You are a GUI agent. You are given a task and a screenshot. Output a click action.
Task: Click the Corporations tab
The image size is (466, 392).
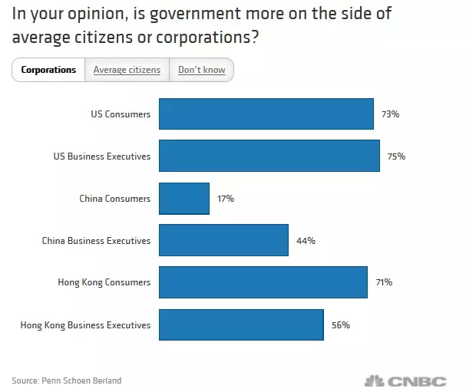[x=48, y=70]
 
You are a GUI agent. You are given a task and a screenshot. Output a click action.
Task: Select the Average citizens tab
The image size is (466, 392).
[x=127, y=70]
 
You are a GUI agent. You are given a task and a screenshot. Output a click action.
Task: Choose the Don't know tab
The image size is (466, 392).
[x=201, y=70]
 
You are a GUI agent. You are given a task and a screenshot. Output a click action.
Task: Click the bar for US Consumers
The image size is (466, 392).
[x=266, y=114]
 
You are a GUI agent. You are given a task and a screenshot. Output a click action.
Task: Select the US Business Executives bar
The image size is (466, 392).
[x=269, y=156]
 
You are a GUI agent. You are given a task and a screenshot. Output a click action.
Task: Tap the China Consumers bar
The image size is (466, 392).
[x=183, y=198]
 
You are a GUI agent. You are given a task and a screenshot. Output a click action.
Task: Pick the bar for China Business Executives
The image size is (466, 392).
[x=223, y=240]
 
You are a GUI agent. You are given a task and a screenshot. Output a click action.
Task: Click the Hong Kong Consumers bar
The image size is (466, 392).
[x=263, y=282]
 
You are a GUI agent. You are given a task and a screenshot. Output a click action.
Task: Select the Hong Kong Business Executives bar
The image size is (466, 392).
[x=240, y=324]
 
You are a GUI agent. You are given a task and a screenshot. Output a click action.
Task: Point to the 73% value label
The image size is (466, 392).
[x=390, y=114]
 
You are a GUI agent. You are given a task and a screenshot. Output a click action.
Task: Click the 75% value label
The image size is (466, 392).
[x=396, y=156]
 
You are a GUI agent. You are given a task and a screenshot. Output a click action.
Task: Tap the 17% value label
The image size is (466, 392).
[x=225, y=199]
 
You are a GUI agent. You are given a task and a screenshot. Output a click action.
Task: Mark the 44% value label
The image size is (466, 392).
[x=306, y=241]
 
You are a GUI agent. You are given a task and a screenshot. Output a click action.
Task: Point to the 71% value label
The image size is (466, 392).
[x=384, y=282]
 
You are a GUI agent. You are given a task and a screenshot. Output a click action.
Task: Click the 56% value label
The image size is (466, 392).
[x=341, y=325]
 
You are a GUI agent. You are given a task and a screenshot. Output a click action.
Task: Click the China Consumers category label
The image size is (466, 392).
[x=114, y=199]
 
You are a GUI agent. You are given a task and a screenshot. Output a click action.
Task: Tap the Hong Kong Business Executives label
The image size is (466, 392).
[x=85, y=325]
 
